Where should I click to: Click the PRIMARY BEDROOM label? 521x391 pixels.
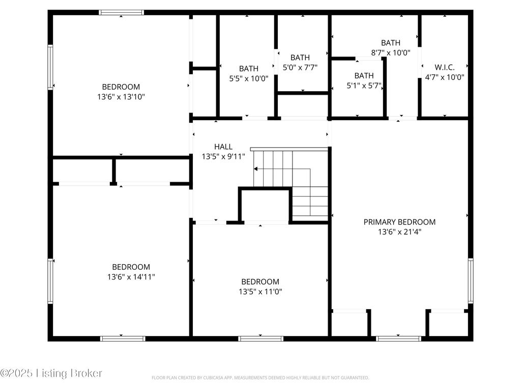click(399, 222)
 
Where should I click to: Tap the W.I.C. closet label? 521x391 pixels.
click(445, 67)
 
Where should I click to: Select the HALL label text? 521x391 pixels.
click(223, 147)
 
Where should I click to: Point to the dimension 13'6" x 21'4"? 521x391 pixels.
click(399, 232)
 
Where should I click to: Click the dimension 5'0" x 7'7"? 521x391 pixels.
click(300, 68)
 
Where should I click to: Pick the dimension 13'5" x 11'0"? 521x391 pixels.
click(260, 292)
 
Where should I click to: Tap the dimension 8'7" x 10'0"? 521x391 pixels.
click(391, 52)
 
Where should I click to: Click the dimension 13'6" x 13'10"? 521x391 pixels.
click(121, 97)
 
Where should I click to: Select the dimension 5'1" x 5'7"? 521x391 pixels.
click(364, 86)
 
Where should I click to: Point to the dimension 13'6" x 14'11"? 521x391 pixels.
click(131, 276)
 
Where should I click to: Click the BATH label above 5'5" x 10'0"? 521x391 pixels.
click(248, 69)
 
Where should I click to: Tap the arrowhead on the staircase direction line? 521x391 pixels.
click(255, 169)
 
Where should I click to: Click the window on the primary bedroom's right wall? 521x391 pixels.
click(471, 281)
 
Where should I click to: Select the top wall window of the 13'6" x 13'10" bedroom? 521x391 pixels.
click(121, 13)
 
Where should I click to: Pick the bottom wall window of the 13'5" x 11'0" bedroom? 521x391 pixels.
click(260, 339)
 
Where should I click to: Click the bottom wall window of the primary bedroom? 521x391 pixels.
click(398, 339)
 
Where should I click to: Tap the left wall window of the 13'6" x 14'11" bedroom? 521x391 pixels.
click(50, 281)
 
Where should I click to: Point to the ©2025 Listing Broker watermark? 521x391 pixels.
click(51, 373)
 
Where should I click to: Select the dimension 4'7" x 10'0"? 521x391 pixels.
click(445, 77)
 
